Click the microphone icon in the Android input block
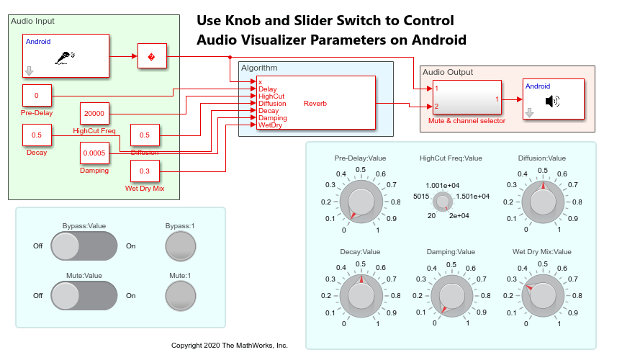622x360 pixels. pos(65,60)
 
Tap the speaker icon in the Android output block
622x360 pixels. pos(551,101)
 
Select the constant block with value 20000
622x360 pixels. pos(94,113)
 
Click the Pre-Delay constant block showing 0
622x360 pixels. pos(37,95)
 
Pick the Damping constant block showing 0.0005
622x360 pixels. pos(94,153)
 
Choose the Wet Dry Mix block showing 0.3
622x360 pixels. pos(145,171)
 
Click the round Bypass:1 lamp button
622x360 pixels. pos(179,246)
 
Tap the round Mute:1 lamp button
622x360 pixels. pos(179,295)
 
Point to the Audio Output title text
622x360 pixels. pos(447,72)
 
